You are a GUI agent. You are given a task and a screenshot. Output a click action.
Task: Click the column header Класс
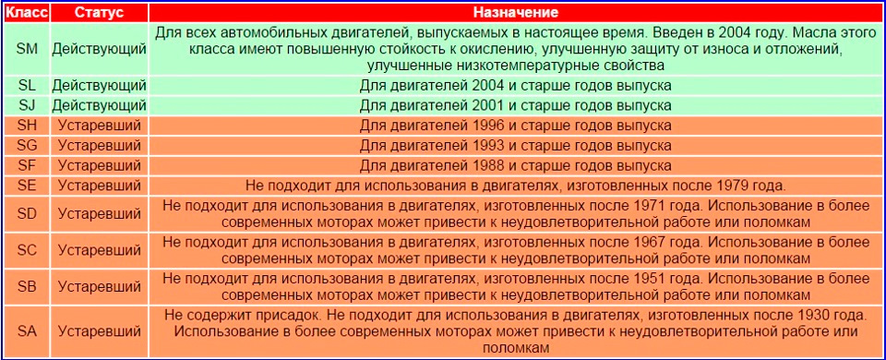coord(26,13)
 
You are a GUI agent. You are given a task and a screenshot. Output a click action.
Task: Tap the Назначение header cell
coord(515,13)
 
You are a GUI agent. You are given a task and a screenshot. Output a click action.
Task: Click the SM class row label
coord(27,49)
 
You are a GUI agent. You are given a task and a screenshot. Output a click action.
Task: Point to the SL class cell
coord(27,85)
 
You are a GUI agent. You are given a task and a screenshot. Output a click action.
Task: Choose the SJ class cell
coord(27,105)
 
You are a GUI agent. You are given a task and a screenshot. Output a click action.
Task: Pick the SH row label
coord(27,125)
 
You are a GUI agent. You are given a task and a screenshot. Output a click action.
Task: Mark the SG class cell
coord(27,145)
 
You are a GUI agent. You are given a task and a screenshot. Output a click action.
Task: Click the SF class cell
coord(27,164)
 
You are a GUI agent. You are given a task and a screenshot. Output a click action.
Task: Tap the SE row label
coord(27,185)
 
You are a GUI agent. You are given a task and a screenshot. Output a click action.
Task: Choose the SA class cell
coord(27,330)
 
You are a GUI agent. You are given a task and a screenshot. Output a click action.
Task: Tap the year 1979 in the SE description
coord(751,185)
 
